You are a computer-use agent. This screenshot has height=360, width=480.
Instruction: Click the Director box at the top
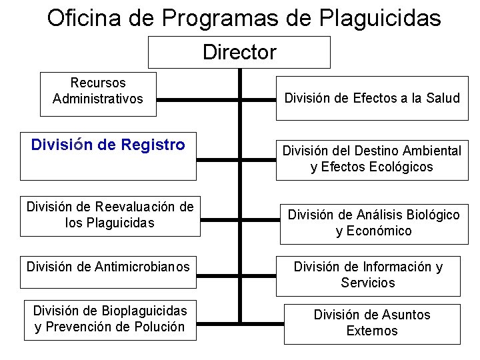pyautogui.click(x=239, y=52)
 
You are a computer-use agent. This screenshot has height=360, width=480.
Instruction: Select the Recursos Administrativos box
pyautogui.click(x=98, y=91)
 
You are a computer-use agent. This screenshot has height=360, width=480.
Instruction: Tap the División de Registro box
pyautogui.click(x=108, y=156)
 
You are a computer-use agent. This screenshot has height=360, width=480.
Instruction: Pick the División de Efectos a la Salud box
pyautogui.click(x=372, y=98)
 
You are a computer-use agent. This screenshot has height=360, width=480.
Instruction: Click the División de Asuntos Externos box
pyautogui.click(x=372, y=323)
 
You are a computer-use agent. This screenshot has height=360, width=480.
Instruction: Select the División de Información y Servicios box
pyautogui.click(x=368, y=275)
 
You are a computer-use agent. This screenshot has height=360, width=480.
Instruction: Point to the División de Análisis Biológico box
pyautogui.click(x=373, y=223)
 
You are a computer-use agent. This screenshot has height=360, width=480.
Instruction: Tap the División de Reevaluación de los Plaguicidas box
pyautogui.click(x=110, y=215)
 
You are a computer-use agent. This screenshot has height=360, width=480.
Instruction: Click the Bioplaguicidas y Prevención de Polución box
pyautogui.click(x=109, y=319)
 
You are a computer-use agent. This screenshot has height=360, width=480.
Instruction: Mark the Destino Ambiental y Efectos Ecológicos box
pyautogui.click(x=372, y=159)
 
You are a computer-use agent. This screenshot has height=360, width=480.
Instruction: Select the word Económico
pyautogui.click(x=383, y=231)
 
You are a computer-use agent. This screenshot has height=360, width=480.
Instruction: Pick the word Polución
pyautogui.click(x=160, y=327)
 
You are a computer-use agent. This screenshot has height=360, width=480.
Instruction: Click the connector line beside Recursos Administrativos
pyautogui.click(x=197, y=100)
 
